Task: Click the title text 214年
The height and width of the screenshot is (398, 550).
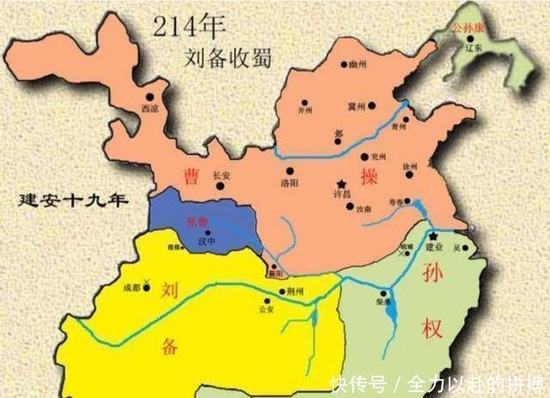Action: point(188,26)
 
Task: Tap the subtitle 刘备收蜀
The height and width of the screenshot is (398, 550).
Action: point(227,58)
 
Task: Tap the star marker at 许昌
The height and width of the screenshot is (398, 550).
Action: point(342,184)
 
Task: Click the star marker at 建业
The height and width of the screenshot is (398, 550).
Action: point(434,236)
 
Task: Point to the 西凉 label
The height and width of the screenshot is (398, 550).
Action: point(148,108)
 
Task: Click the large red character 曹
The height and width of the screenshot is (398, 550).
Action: point(192,175)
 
